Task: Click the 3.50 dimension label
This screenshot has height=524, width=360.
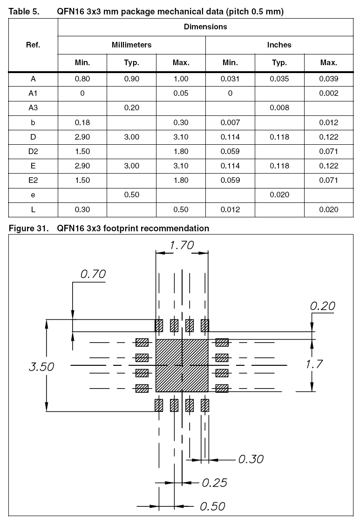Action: point(41,367)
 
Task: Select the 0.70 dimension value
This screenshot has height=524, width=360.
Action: point(93,274)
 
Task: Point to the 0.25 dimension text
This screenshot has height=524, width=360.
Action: point(214,483)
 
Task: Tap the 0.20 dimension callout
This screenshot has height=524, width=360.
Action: point(323,306)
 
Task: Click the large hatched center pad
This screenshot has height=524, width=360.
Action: point(182,365)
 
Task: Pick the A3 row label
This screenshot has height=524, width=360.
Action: point(33,107)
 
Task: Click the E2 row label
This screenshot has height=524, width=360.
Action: point(33,180)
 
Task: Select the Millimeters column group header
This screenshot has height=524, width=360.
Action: point(131,45)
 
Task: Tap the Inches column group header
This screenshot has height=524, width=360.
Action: point(279,45)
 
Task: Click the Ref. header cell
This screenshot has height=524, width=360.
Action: point(33,45)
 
